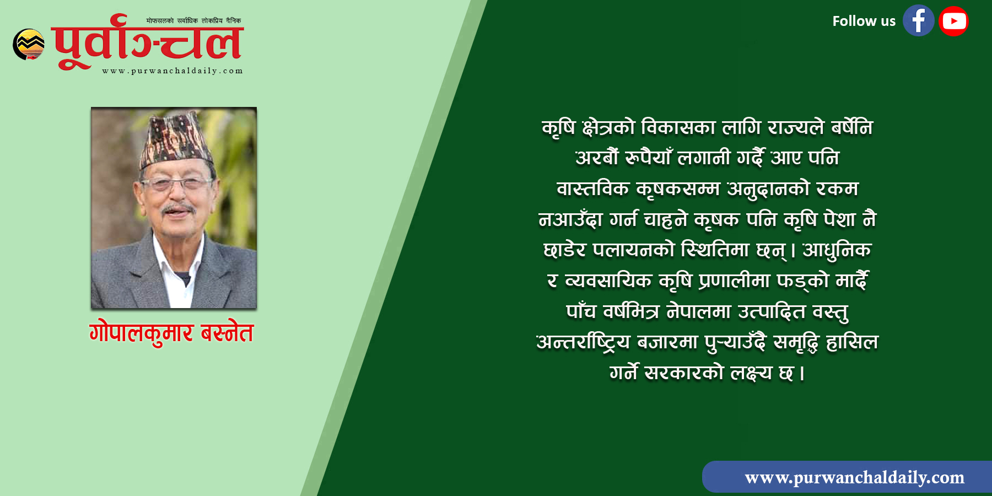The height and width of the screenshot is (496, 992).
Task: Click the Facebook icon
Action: (918, 21)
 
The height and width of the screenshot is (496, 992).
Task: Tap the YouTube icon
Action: (953, 21)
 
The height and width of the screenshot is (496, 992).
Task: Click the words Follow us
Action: (864, 21)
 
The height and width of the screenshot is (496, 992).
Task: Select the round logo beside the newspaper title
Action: (29, 44)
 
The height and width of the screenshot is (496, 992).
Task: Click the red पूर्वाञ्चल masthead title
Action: (147, 43)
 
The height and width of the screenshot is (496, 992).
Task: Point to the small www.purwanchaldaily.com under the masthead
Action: (172, 71)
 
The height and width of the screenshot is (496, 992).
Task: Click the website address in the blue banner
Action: (854, 477)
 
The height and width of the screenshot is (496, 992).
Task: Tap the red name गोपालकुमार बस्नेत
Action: (171, 333)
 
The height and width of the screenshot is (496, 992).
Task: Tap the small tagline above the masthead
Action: (193, 21)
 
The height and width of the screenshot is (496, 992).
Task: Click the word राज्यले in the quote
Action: (796, 128)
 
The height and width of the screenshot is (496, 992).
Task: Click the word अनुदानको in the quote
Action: (768, 189)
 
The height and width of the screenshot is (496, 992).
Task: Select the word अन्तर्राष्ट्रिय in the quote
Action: (583, 342)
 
